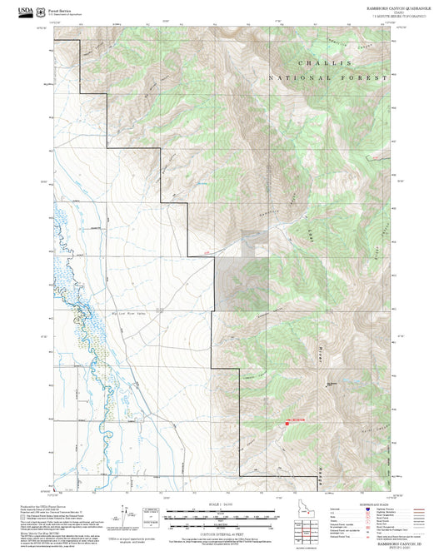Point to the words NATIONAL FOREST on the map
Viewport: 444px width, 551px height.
point(327,77)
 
